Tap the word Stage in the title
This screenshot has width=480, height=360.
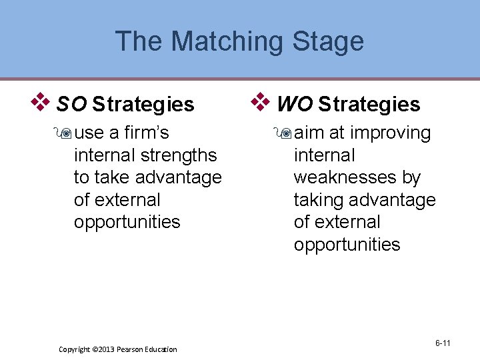(x=329, y=41)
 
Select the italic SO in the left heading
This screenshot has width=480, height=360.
(x=72, y=104)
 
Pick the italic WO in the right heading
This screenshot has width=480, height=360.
(x=294, y=104)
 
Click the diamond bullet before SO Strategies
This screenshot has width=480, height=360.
(x=42, y=103)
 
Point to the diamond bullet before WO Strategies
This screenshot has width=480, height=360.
(x=261, y=103)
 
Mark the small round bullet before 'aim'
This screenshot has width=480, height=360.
(x=285, y=133)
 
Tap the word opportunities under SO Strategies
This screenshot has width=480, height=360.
(x=127, y=222)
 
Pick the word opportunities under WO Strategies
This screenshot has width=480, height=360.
(x=347, y=245)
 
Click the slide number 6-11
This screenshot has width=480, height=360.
(x=443, y=343)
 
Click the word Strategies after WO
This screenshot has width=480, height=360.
(x=369, y=104)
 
